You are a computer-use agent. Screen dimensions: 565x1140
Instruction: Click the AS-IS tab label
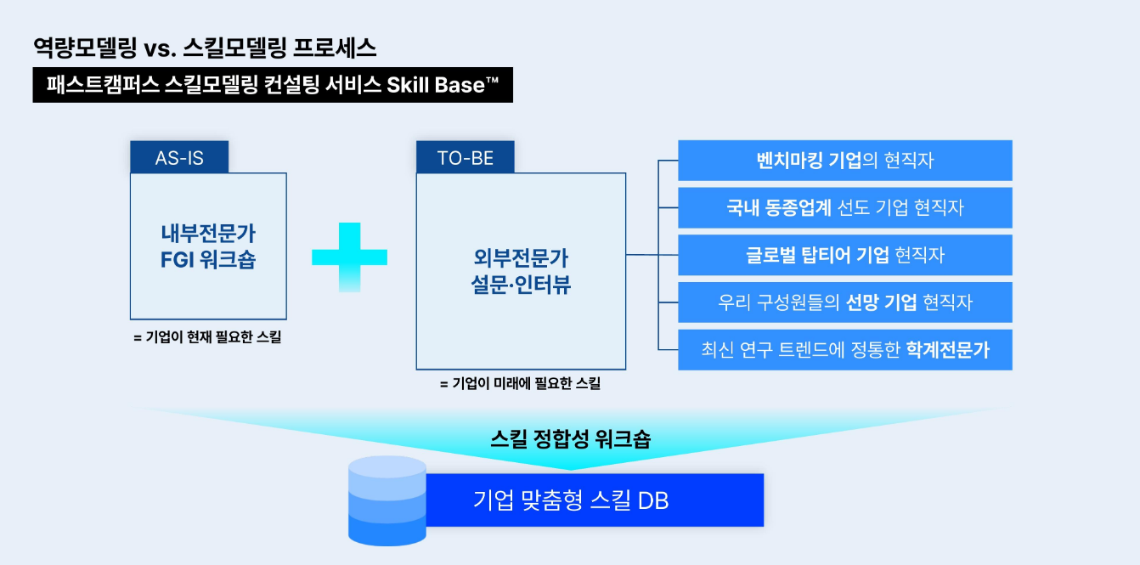[x=179, y=158]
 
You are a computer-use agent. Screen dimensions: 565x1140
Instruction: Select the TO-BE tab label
[x=465, y=158]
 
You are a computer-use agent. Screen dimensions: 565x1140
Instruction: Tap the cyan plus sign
[x=349, y=257]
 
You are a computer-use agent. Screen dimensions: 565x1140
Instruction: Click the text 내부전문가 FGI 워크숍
[x=208, y=246]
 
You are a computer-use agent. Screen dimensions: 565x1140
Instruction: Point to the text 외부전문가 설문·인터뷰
[x=521, y=271]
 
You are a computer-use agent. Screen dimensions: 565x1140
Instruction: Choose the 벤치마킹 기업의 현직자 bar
[x=844, y=161]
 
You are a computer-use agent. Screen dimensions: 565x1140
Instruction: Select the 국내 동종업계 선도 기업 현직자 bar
[x=844, y=208]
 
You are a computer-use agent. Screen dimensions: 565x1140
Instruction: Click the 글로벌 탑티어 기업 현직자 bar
[x=844, y=255]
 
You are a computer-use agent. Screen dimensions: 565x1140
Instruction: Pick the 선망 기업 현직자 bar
[x=844, y=302]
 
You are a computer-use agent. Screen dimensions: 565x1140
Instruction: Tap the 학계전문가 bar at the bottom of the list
[x=844, y=350]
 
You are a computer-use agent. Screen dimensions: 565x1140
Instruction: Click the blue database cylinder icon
[x=387, y=500]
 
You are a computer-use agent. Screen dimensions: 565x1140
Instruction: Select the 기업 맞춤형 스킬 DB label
[x=571, y=500]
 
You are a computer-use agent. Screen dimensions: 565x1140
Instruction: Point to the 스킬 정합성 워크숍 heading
[x=571, y=440]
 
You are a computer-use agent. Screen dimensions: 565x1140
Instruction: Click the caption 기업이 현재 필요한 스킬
[x=207, y=337]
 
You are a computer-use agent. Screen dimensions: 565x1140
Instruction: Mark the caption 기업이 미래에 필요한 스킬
[x=520, y=384]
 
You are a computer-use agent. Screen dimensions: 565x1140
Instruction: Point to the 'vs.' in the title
[x=159, y=48]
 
